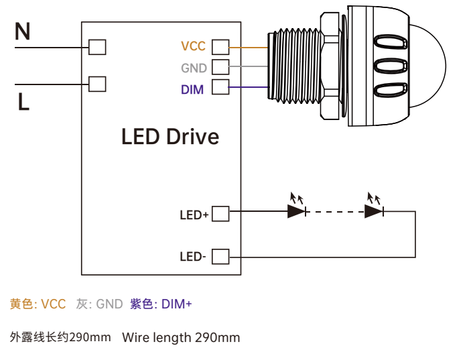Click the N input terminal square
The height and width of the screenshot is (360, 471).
(97, 47)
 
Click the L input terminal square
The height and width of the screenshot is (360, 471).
(97, 84)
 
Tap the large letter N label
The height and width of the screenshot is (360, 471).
(23, 32)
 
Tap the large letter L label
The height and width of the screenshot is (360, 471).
(23, 102)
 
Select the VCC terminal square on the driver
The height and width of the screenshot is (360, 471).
(220, 47)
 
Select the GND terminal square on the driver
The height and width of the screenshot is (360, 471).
(220, 66)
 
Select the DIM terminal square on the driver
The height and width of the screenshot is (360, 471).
(220, 87)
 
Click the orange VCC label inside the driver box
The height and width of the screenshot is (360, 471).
(193, 47)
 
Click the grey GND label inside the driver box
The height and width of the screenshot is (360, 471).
(194, 68)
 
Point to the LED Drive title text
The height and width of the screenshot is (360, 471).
(170, 137)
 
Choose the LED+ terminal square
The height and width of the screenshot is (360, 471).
(220, 214)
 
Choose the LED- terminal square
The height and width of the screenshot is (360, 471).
(220, 256)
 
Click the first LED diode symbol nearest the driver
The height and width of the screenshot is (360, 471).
(297, 211)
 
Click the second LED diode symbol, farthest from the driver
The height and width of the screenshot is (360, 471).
(374, 211)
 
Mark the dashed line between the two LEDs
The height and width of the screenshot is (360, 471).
(335, 212)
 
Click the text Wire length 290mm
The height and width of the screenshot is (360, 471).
(181, 337)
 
